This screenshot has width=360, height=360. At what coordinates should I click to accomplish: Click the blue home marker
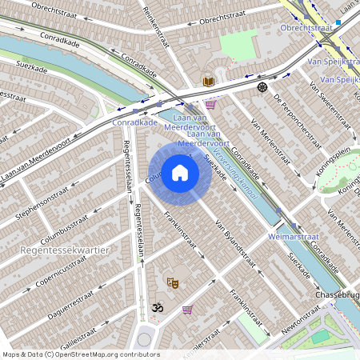[x=180, y=173]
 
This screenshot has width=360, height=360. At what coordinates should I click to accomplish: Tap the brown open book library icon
[x=208, y=81]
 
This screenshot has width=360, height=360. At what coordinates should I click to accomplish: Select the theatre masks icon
[x=171, y=282]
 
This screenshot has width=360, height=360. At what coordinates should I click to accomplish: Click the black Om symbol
[x=157, y=307]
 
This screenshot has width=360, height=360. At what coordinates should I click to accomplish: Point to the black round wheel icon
[x=262, y=86]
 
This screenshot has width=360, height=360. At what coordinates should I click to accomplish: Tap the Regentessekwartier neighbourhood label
[x=62, y=250]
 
